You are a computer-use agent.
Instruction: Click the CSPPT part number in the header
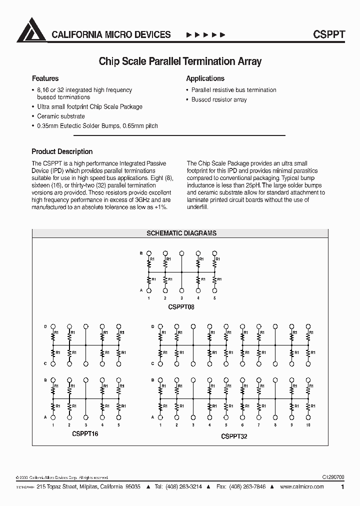[328, 34]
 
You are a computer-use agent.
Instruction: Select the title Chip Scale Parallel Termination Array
[180, 61]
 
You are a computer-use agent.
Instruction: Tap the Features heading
[45, 78]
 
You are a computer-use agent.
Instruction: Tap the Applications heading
[205, 78]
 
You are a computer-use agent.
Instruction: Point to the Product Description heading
[62, 151]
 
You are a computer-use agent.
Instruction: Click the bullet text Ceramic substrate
[61, 116]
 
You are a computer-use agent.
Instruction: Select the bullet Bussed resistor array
[219, 99]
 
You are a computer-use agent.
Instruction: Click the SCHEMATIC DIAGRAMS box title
[181, 233]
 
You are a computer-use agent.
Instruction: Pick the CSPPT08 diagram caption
[181, 307]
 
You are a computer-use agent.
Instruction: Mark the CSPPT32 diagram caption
[234, 436]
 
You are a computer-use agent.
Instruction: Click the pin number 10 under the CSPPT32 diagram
[307, 425]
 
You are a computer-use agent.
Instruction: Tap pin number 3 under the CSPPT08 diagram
[181, 298]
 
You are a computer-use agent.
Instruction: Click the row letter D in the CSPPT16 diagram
[45, 326]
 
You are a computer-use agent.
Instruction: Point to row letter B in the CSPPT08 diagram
[141, 253]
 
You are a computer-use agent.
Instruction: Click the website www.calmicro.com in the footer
[302, 486]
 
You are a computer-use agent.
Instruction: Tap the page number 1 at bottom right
[342, 486]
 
